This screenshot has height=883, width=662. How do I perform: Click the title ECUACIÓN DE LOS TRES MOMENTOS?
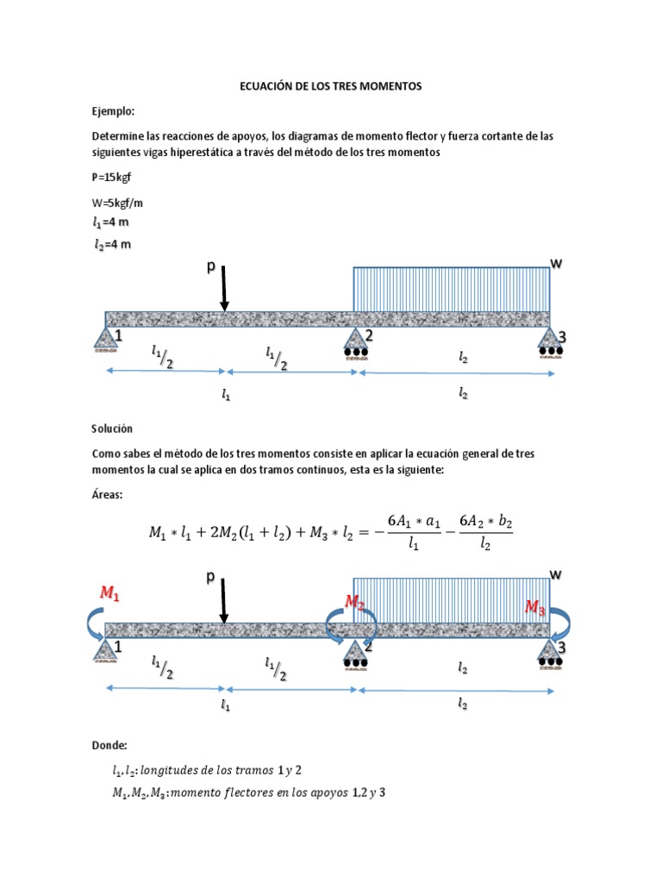[x=331, y=87]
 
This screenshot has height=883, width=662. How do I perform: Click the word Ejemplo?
[x=115, y=111]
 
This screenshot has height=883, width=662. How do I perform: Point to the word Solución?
[x=113, y=429]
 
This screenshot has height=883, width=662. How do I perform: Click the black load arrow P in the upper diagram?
[x=223, y=289]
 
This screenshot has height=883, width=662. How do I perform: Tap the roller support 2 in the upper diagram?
[x=355, y=341]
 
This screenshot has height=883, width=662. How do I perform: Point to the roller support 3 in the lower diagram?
[x=549, y=653]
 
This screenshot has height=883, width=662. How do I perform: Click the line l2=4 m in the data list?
[x=113, y=244]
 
